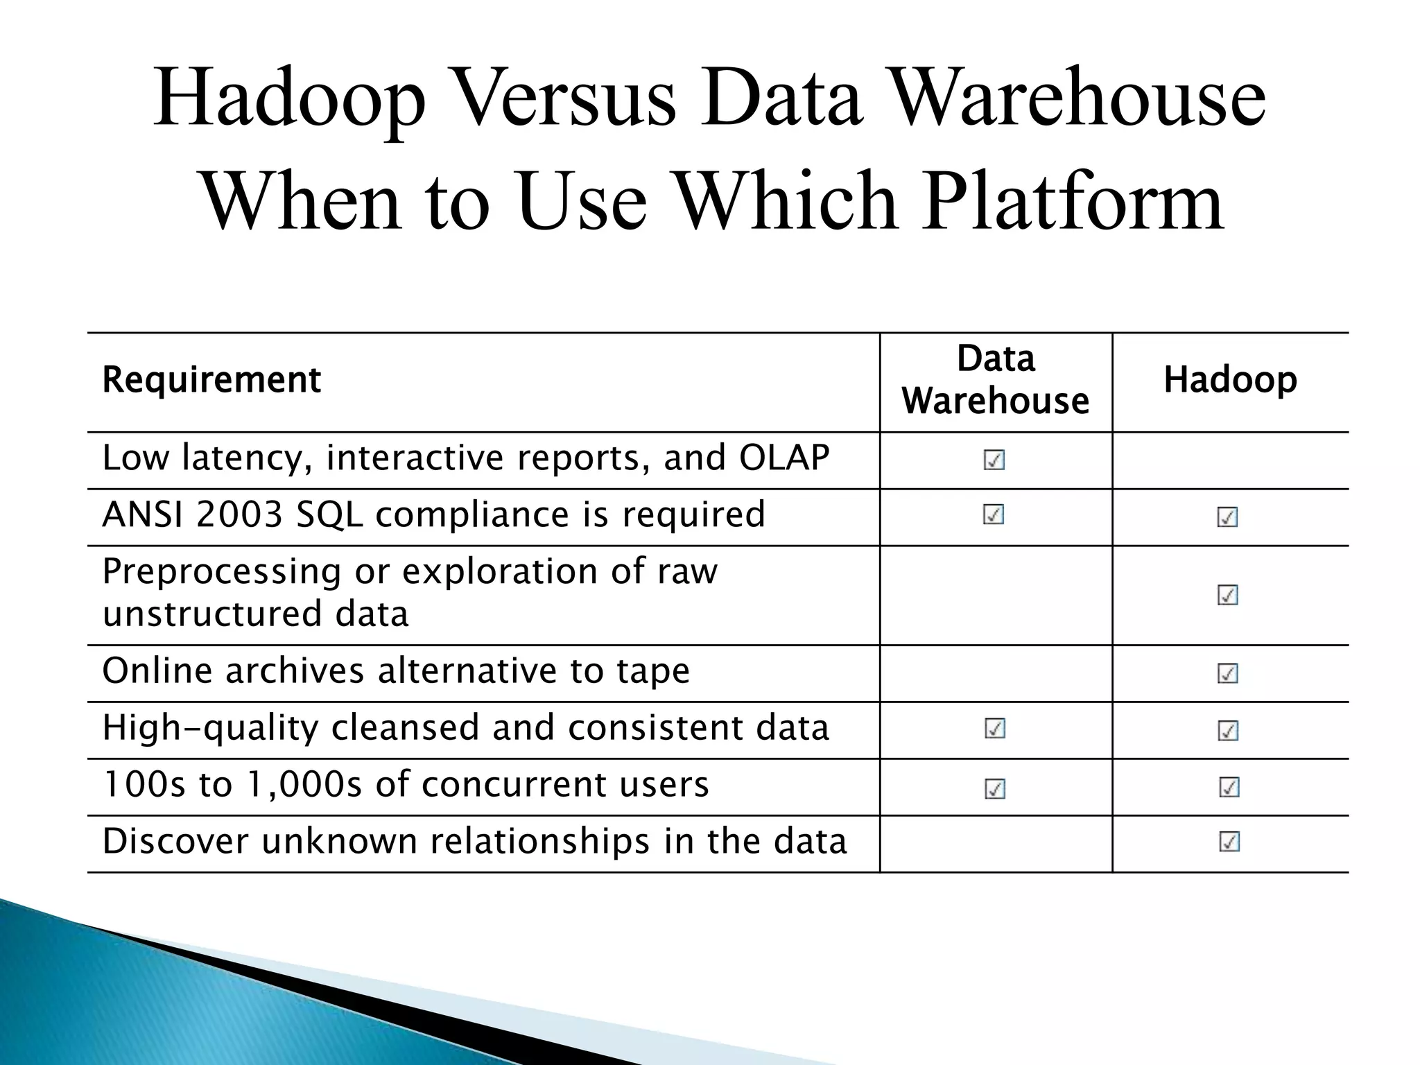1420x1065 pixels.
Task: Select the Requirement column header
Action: coord(211,380)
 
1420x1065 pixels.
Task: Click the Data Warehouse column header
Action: coord(996,380)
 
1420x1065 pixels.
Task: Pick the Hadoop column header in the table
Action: coord(1230,380)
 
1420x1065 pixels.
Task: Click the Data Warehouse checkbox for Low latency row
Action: coord(994,460)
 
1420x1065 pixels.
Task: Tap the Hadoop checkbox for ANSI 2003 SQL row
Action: coord(1228,517)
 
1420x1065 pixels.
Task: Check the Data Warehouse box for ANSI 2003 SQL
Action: coord(994,514)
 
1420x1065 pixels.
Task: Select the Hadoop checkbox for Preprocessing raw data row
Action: coord(1228,595)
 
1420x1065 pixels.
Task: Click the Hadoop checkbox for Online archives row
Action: coord(1228,673)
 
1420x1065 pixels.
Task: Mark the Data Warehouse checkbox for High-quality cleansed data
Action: coord(995,728)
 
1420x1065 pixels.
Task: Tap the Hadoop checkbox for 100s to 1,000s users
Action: coord(1229,787)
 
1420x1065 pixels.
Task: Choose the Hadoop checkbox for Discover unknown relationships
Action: coord(1229,842)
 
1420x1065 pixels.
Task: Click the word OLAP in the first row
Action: coord(784,458)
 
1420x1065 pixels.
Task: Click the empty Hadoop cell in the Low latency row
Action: coord(1230,460)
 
